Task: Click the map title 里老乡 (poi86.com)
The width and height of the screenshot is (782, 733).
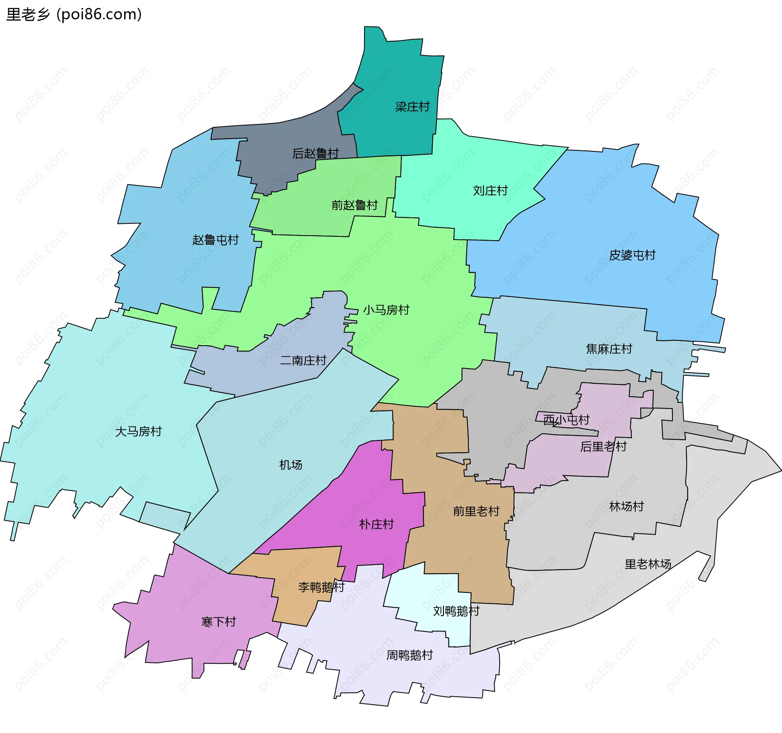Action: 74,14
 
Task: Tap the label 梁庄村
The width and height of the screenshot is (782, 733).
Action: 412,107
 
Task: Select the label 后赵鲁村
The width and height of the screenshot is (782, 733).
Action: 316,154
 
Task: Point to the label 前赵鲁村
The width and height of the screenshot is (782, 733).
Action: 354,205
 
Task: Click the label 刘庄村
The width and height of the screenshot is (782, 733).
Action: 490,191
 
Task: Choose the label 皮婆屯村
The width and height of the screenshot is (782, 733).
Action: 632,255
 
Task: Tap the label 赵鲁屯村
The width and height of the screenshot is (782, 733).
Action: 215,240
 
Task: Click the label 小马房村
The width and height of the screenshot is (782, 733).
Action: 386,310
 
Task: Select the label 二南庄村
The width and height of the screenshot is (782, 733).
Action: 303,360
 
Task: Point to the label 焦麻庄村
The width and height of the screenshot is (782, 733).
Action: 609,349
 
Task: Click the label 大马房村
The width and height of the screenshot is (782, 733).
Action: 138,431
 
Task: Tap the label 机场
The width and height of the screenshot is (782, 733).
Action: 290,465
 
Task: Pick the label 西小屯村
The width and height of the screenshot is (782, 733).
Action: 566,420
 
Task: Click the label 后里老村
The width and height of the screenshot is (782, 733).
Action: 603,447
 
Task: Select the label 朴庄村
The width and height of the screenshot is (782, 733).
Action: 376,524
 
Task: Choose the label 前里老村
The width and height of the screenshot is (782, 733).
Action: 476,511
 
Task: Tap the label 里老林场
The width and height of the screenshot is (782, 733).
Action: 648,564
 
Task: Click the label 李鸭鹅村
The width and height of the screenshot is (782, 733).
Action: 321,587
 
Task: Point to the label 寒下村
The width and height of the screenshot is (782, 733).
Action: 218,622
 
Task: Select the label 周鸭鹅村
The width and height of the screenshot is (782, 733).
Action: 409,655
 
